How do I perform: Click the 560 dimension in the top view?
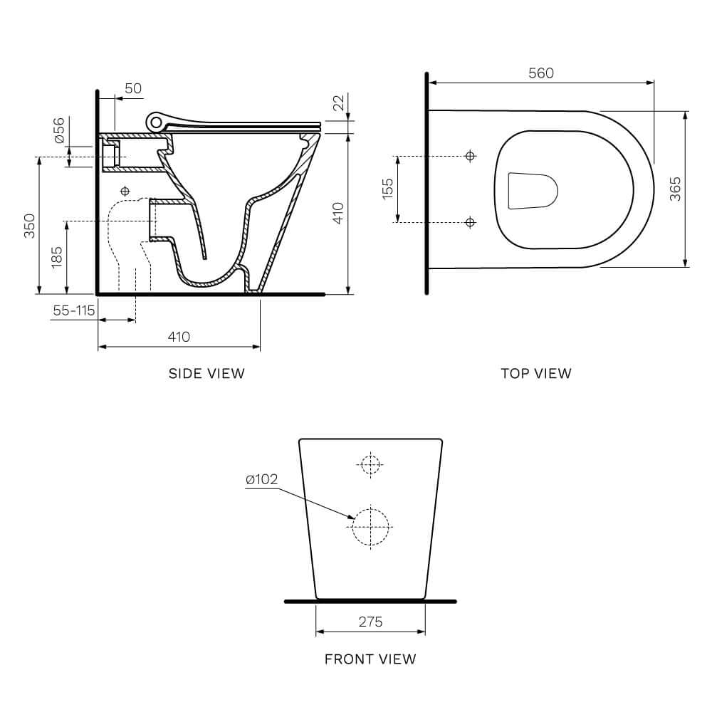pyautogui.click(x=541, y=73)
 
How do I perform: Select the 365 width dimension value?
pyautogui.click(x=675, y=189)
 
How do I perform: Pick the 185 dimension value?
pyautogui.click(x=57, y=256)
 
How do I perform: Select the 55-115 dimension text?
pyautogui.click(x=73, y=310)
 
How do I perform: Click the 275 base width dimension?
pyautogui.click(x=370, y=622)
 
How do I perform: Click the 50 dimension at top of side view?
pyautogui.click(x=133, y=88)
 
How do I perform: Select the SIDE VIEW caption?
pyautogui.click(x=206, y=373)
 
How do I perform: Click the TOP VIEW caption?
pyautogui.click(x=535, y=373)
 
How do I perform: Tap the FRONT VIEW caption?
pyautogui.click(x=370, y=659)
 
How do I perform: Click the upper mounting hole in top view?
pyautogui.click(x=469, y=156)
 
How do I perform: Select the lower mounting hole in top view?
pyautogui.click(x=469, y=222)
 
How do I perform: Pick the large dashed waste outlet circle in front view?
pyautogui.click(x=372, y=526)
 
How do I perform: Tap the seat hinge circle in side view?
pyautogui.click(x=155, y=122)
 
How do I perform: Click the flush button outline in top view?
pyautogui.click(x=532, y=190)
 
